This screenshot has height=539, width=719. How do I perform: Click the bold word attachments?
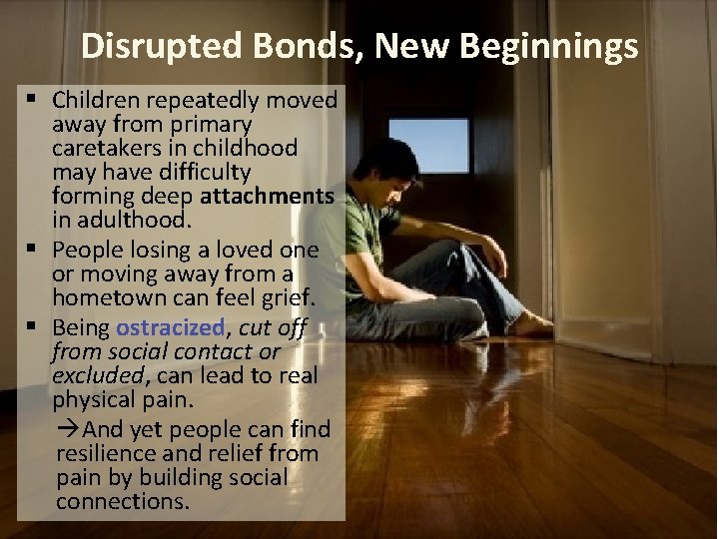(267, 197)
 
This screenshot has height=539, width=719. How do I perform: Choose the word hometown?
(101, 296)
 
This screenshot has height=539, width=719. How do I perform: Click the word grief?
(289, 296)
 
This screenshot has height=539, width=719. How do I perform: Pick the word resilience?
(105, 454)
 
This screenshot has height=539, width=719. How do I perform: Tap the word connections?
(122, 502)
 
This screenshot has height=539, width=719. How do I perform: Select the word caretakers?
(108, 149)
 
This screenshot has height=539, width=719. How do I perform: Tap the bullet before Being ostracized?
(36, 327)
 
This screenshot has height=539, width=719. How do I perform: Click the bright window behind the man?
(428, 145)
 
